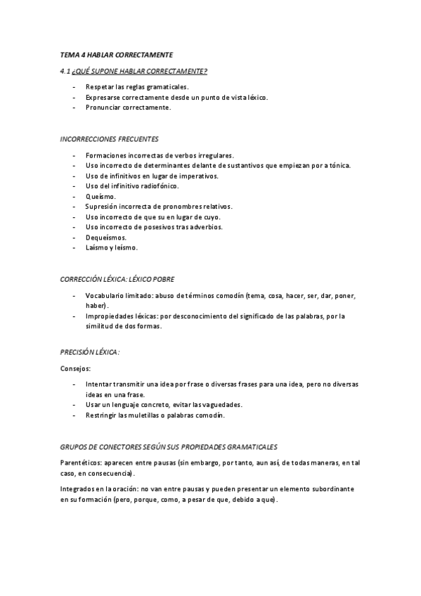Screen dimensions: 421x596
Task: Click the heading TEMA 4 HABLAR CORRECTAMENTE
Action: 116,55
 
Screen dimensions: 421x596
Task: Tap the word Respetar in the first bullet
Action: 100,86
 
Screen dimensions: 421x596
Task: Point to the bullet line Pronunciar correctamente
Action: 128,108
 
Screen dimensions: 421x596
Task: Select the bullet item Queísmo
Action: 101,197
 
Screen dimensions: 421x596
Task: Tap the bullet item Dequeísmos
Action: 106,238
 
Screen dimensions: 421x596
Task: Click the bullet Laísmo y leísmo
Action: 112,248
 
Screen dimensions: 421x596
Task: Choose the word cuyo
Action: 211,217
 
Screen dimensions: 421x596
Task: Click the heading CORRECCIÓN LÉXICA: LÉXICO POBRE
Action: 117,279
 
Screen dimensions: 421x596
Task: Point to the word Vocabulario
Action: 105,295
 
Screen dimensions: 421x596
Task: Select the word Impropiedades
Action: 110,316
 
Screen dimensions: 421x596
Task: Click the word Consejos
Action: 75,368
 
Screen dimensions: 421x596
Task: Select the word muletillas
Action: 144,415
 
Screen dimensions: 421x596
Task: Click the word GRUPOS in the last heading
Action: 74,446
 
